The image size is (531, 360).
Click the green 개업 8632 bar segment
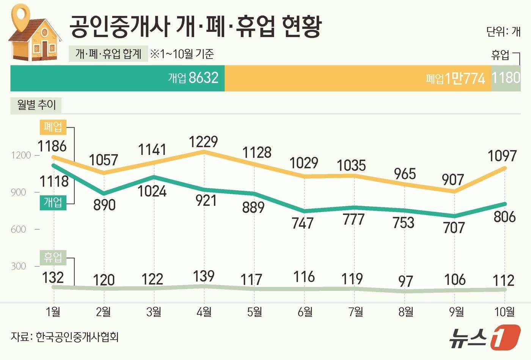tap(118, 78)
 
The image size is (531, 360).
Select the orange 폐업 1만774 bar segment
tap(358, 78)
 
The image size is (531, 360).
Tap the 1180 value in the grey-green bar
tap(506, 78)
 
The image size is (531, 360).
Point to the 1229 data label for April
tap(203, 142)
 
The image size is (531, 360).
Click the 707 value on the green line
tap(454, 227)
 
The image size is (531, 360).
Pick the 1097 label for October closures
tap(502, 156)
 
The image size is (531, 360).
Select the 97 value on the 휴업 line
tap(405, 281)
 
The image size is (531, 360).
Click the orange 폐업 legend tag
tap(53, 127)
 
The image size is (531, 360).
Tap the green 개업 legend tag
tap(53, 202)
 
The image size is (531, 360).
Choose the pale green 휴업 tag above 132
tap(53, 258)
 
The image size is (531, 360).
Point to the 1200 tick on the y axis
tap(21, 155)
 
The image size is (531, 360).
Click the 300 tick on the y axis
tap(19, 266)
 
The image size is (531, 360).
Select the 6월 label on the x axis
tap(305, 312)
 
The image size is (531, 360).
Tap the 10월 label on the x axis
tap(504, 312)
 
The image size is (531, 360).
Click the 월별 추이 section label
tap(36, 105)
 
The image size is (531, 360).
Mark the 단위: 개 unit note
tap(503, 31)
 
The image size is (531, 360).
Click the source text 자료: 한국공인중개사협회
tap(65, 337)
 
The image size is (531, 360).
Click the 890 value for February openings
tap(104, 205)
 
